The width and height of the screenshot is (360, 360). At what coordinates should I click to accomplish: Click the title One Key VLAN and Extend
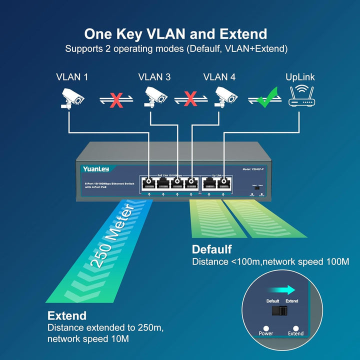tap(175, 34)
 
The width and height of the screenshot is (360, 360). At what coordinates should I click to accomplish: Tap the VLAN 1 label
tap(71, 77)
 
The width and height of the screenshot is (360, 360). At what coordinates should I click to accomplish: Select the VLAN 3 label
tap(154, 77)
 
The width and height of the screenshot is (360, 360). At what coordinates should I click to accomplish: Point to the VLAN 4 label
tap(219, 77)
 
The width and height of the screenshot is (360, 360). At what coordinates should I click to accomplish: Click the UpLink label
tap(300, 77)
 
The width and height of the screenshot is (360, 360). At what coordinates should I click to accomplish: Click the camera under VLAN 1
tap(71, 98)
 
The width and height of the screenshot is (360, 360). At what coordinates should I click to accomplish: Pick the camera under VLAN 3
tap(155, 97)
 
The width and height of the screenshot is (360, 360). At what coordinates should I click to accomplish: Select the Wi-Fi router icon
tap(302, 95)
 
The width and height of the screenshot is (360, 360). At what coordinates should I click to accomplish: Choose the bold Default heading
tap(211, 249)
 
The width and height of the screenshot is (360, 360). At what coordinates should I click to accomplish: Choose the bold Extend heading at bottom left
tap(67, 315)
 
